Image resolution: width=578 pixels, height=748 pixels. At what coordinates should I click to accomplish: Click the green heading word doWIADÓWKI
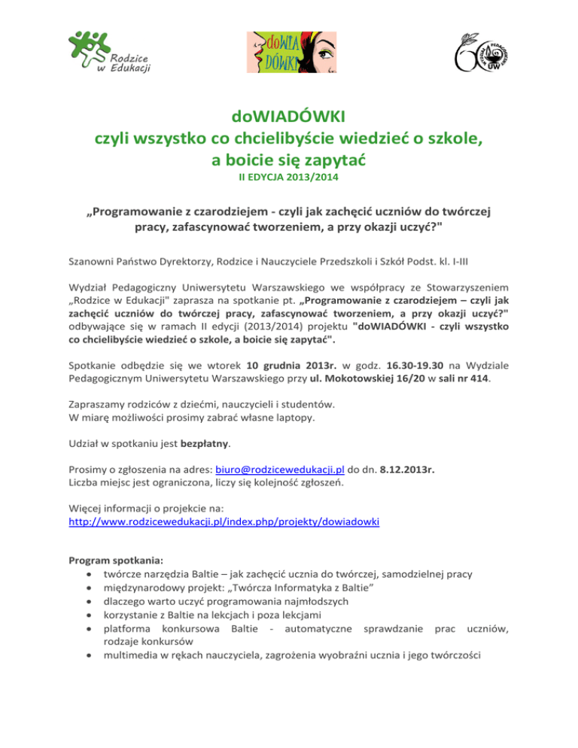(288, 117)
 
